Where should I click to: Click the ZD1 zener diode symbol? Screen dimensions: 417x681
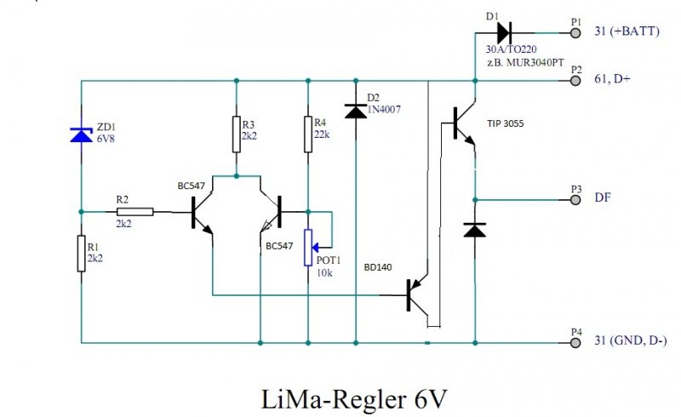click(81, 133)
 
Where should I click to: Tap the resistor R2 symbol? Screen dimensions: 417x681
click(135, 212)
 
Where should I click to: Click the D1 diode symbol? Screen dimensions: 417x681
click(503, 32)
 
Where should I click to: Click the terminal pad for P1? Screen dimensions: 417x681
click(575, 32)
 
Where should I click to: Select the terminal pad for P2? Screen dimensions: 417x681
click(575, 80)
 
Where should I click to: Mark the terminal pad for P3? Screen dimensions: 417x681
click(575, 200)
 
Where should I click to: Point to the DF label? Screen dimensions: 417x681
click(602, 197)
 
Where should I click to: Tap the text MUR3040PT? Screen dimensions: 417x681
click(536, 63)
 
